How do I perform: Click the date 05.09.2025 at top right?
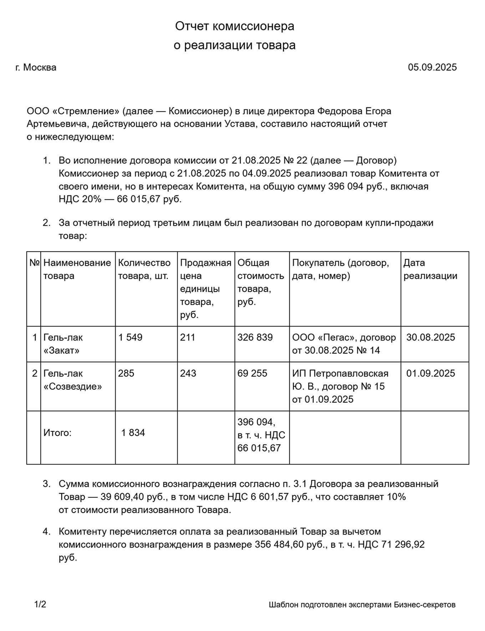click(432, 67)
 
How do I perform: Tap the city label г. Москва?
click(36, 67)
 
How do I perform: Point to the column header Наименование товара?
click(77, 269)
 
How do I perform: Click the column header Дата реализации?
click(430, 269)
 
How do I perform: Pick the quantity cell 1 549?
click(130, 337)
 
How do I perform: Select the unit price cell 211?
click(188, 337)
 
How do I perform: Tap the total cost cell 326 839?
click(255, 337)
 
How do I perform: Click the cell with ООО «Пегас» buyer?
click(344, 344)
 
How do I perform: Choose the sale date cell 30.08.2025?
click(430, 337)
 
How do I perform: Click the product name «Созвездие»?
click(73, 386)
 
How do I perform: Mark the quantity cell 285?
click(126, 373)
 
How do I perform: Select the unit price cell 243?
click(188, 373)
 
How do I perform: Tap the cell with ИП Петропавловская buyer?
click(340, 386)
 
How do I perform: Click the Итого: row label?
click(57, 433)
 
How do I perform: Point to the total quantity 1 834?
click(133, 433)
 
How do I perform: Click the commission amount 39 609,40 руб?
click(131, 497)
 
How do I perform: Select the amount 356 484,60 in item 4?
click(279, 545)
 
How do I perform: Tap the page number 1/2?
click(40, 605)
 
